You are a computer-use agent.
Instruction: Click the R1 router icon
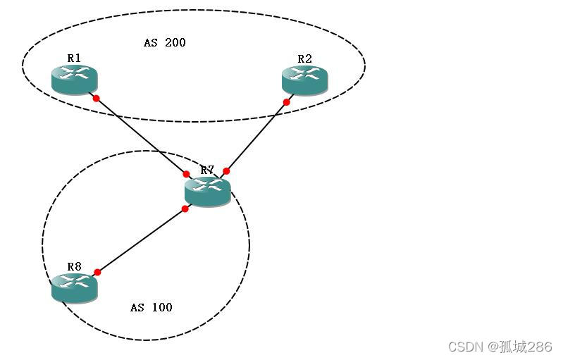coord(74,77)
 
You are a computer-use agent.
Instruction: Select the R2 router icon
coord(304,78)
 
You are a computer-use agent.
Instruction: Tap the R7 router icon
coord(207,190)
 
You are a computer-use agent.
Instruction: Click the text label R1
coord(74,58)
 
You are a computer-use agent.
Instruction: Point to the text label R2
coord(304,58)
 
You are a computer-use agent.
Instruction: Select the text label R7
coord(207,170)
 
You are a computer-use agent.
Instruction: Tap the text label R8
coord(74,266)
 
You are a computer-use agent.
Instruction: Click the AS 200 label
coord(165,42)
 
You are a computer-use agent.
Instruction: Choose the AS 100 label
coord(151,307)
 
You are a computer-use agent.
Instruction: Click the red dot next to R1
coord(96,98)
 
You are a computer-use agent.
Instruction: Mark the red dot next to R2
coord(287,102)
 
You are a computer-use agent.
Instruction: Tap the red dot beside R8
coord(97,272)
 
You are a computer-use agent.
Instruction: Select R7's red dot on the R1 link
coord(186,173)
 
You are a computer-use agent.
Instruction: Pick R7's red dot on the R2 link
coord(226,171)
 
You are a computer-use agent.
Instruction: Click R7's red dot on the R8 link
coord(185,209)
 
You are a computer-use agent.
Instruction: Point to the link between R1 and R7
coord(141,136)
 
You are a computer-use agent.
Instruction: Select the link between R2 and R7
coord(256,137)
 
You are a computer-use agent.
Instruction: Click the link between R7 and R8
coord(141,240)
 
